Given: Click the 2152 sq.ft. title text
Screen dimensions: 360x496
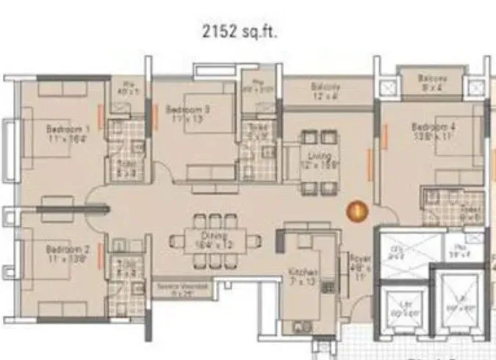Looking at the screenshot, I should pyautogui.click(x=238, y=32).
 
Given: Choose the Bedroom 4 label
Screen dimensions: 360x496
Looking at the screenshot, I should pyautogui.click(x=433, y=129).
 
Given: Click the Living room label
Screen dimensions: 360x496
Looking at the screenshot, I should pyautogui.click(x=324, y=161).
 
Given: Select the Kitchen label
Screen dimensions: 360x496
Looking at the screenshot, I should pyautogui.click(x=303, y=276).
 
